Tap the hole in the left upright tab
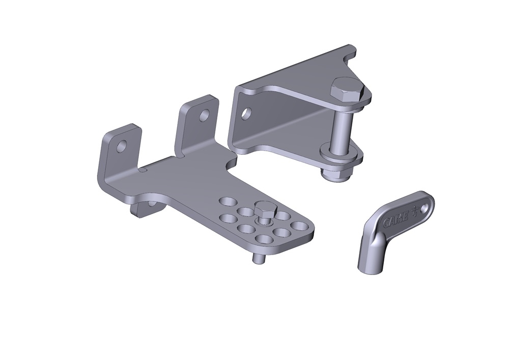pyautogui.click(x=121, y=147)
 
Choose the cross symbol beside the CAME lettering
pyautogui.click(x=416, y=209)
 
